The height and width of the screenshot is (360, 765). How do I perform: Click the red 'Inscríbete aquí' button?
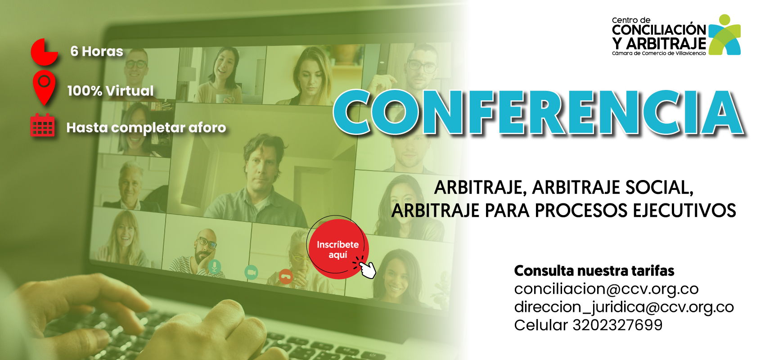pos(338,249)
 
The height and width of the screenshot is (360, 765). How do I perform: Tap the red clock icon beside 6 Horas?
pos(44,52)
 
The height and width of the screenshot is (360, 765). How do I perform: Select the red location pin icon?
pos(44,87)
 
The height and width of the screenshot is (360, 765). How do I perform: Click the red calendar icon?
pos(42,125)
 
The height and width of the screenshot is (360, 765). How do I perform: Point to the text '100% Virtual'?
pos(111,91)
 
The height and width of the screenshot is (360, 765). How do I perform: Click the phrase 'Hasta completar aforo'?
pos(146,128)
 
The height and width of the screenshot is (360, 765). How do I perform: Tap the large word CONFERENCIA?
pos(539,112)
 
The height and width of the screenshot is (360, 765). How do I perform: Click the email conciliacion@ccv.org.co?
pos(606,289)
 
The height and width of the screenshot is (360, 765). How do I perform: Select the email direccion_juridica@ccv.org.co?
pos(624,307)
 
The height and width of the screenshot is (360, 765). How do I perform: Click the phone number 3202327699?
pos(617,325)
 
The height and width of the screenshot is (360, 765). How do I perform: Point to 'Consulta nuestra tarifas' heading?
pos(594,271)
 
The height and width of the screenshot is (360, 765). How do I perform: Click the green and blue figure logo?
pos(724,35)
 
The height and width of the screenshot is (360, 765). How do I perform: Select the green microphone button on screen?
pos(214,266)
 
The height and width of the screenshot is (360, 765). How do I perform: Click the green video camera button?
pos(251,272)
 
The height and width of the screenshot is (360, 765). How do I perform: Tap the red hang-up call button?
pos(285,276)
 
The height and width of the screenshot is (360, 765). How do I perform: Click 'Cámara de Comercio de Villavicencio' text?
pos(658,53)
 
